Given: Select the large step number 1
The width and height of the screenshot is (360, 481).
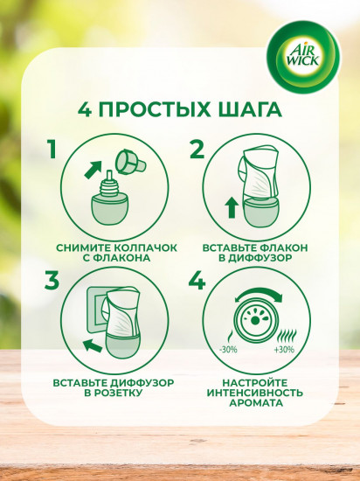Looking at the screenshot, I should click(x=53, y=149).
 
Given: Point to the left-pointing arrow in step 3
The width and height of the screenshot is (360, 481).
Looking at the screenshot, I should click(x=85, y=345).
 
